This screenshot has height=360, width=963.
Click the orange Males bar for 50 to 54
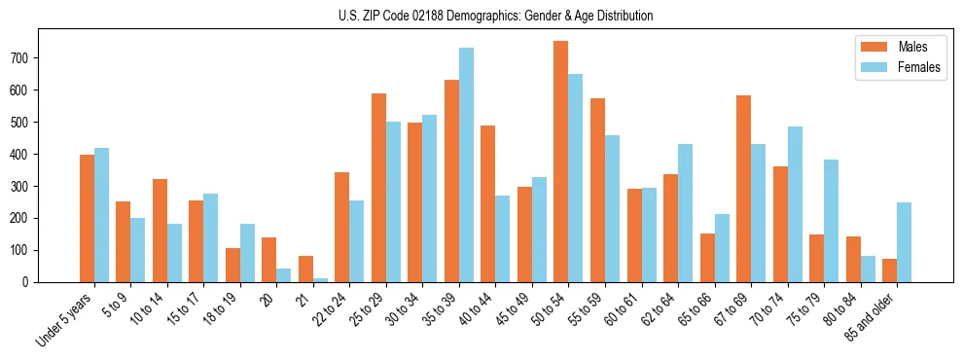[560, 162]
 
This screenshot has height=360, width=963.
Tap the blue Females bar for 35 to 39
[466, 165]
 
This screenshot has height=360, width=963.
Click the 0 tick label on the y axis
[31, 282]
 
